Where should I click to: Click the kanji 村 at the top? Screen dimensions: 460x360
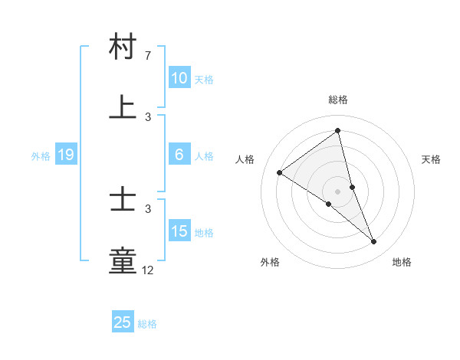pyautogui.click(x=123, y=47)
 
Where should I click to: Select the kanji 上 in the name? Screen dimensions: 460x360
pyautogui.click(x=123, y=106)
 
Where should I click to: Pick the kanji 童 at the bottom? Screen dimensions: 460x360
pyautogui.click(x=123, y=260)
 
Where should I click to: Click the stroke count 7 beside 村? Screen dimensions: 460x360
pyautogui.click(x=148, y=56)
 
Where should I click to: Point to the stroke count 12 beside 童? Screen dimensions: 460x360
pyautogui.click(x=148, y=270)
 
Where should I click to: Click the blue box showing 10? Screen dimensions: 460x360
pyautogui.click(x=179, y=78)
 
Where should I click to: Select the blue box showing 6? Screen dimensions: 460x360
pyautogui.click(x=179, y=155)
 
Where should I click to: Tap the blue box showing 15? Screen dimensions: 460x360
pyautogui.click(x=179, y=232)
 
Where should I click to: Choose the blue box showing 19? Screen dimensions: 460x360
pyautogui.click(x=66, y=155)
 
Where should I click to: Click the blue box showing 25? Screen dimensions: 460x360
pyautogui.click(x=123, y=322)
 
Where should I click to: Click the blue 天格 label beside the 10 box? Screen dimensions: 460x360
pyautogui.click(x=203, y=79)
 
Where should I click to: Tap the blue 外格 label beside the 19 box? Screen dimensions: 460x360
pyautogui.click(x=41, y=156)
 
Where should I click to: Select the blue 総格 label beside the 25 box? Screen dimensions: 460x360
pyautogui.click(x=147, y=324)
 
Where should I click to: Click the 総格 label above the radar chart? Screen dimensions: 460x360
pyautogui.click(x=338, y=100)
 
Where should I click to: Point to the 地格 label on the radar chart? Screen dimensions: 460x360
pyautogui.click(x=402, y=262)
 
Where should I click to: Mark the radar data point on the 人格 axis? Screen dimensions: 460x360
pyautogui.click(x=279, y=172)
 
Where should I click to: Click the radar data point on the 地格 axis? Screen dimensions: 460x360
pyautogui.click(x=374, y=242)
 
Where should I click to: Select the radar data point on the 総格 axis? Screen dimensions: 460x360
pyautogui.click(x=338, y=130)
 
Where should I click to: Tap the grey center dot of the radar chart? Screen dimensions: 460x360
pyautogui.click(x=338, y=191)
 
